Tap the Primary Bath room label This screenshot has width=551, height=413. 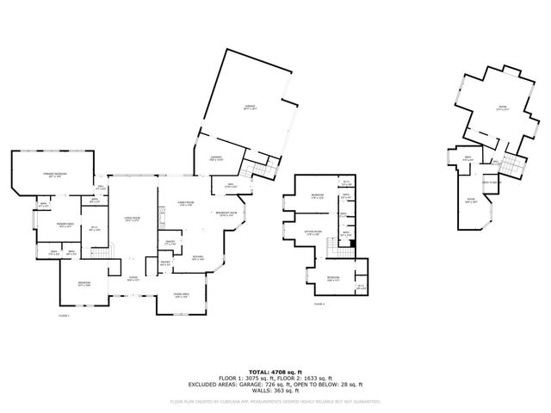point(65,225)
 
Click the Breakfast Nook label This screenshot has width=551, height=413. point(226,213)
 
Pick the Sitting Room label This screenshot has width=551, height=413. point(313,231)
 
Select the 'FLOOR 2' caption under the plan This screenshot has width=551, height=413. point(319,304)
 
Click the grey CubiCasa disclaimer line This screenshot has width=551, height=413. point(275,401)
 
